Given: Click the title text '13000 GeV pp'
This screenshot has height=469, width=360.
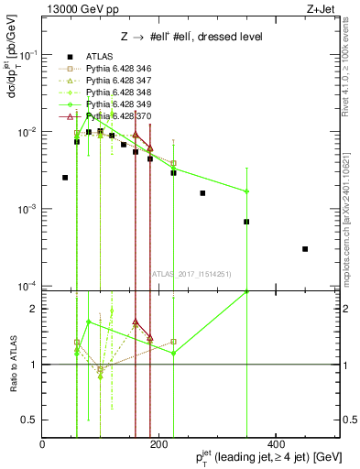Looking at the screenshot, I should click(75, 10).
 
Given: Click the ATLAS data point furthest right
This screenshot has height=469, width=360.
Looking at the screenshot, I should click(305, 248).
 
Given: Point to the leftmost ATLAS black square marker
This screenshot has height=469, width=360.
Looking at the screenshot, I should click(65, 178).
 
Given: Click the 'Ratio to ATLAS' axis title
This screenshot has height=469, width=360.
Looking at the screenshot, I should click(12, 364).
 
